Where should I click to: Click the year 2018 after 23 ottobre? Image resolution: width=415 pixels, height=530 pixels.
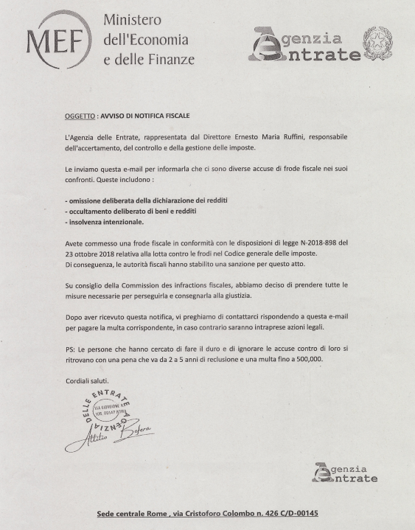pyautogui.click(x=111, y=253)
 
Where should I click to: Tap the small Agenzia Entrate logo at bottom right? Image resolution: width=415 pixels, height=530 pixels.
pyautogui.click(x=344, y=473)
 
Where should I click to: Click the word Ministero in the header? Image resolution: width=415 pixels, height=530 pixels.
pyautogui.click(x=132, y=19)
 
